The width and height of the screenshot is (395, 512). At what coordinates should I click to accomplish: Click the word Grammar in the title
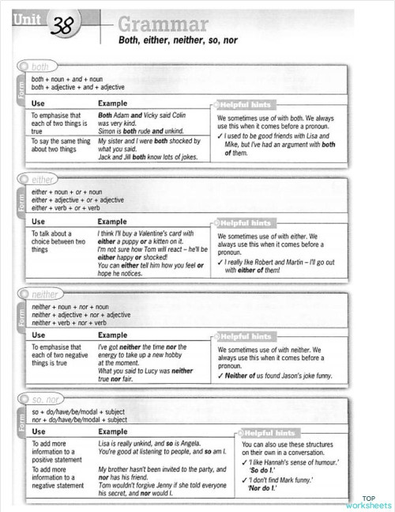tap(162, 24)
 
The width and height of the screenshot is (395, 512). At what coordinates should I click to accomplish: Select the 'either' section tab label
tap(42, 180)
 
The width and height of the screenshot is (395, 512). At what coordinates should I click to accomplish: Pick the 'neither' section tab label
tap(45, 294)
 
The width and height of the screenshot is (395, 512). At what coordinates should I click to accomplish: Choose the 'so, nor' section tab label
tap(47, 400)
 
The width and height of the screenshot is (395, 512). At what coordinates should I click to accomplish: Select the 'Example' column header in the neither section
tap(112, 336)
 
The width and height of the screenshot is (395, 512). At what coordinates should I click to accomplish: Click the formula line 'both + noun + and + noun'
tap(67, 79)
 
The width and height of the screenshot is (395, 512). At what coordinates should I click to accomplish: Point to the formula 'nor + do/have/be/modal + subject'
tap(79, 420)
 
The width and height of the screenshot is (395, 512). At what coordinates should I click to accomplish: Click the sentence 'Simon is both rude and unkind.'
tap(141, 131)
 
